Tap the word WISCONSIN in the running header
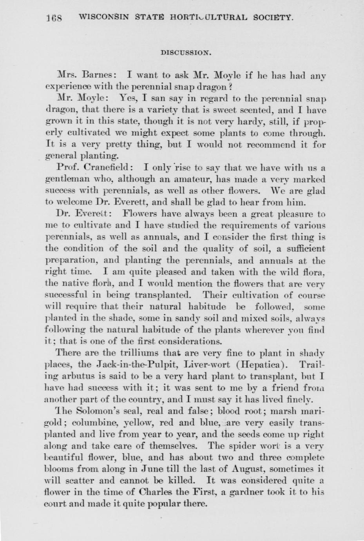point(103,17)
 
